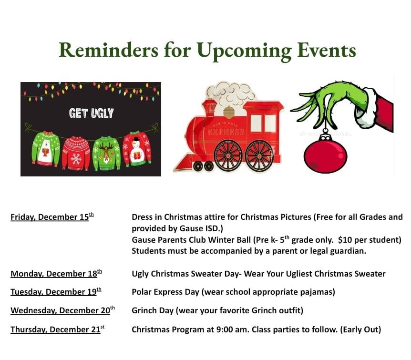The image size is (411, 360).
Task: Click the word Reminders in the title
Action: (x=109, y=50)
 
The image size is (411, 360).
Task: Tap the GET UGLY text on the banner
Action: (x=91, y=113)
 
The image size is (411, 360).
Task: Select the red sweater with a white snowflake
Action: (x=76, y=153)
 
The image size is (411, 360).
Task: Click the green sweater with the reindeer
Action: (x=106, y=153)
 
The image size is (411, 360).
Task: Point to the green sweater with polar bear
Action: (x=46, y=149)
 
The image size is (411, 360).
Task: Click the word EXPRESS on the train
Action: (x=226, y=131)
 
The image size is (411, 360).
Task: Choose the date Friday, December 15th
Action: (x=52, y=217)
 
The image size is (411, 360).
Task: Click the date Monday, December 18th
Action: (x=56, y=274)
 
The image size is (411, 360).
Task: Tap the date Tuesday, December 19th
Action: (x=56, y=291)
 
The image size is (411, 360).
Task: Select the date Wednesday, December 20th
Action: (x=62, y=310)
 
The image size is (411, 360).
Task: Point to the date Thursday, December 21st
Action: (x=57, y=329)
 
